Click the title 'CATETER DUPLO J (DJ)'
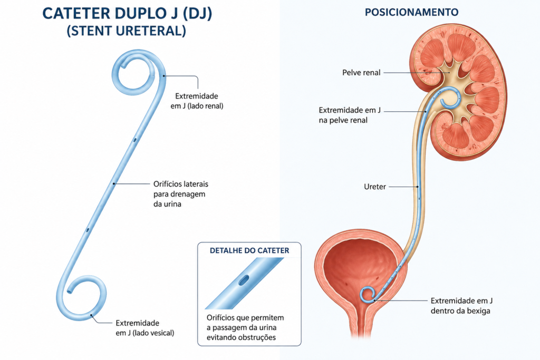coord(127,14)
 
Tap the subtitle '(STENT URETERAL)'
coord(127,31)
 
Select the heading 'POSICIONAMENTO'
coord(411,13)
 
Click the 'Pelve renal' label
coord(361,73)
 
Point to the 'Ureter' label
coord(375,187)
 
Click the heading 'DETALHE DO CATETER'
coord(249,250)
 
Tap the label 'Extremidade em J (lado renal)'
coord(197,101)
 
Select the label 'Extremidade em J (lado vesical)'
coord(144,328)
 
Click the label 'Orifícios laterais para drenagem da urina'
coord(181,194)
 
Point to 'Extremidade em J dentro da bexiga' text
coord(461,306)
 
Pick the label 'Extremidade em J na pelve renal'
coord(350,115)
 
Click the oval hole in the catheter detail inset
coord(243,280)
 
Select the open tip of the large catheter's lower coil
coord(70,291)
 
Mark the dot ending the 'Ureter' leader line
coord(418,187)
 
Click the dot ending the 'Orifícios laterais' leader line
coord(114,184)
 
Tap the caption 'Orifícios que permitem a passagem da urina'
coord(245,323)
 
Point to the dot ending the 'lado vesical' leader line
coord(91,315)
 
